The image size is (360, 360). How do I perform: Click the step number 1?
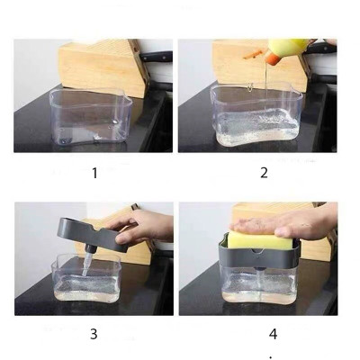pyautogui.click(x=94, y=173)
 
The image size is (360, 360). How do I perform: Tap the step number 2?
pyautogui.click(x=264, y=173)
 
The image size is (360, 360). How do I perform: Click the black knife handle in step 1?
pyautogui.click(x=157, y=56)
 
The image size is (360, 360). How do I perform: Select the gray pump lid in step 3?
pyautogui.click(x=90, y=231)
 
